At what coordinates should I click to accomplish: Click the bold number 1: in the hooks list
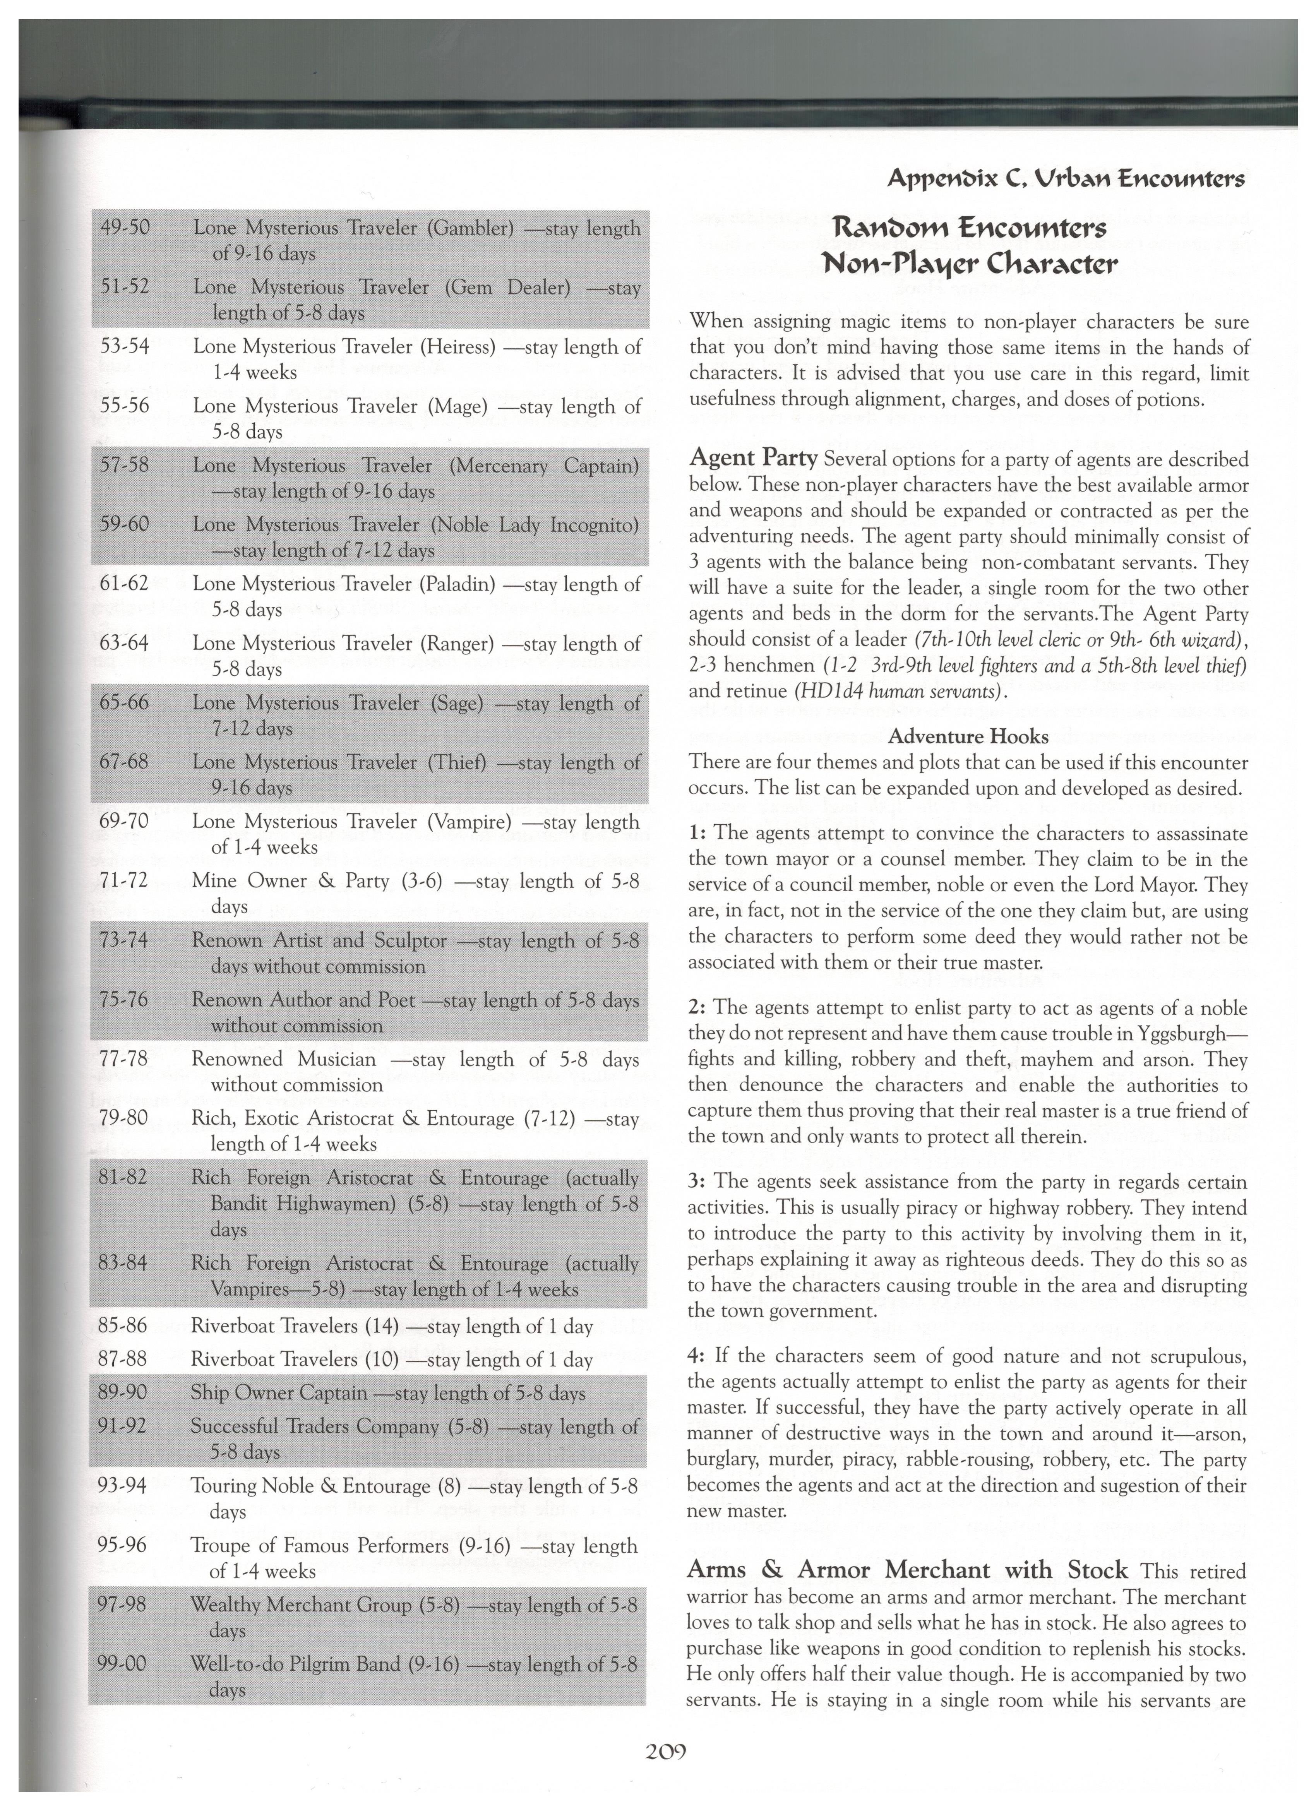coord(695,833)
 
